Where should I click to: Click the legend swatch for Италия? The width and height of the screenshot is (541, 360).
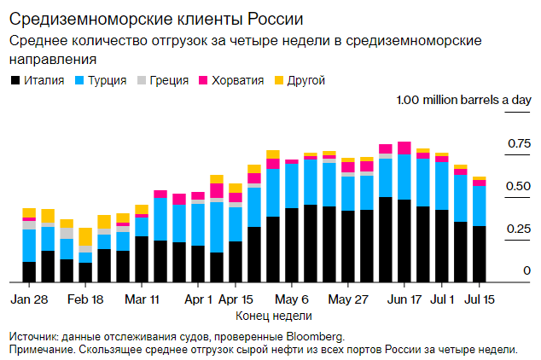[15, 80]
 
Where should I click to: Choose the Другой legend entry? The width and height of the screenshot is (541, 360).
[302, 80]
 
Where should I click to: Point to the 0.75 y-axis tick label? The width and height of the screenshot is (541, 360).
[520, 143]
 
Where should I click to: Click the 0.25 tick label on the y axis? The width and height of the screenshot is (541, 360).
[520, 229]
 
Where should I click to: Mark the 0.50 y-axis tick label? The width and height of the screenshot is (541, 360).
[520, 186]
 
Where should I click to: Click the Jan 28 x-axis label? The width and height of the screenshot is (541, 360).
[29, 300]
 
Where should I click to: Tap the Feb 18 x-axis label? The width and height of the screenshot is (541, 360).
[85, 300]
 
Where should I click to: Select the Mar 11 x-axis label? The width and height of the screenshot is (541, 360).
[143, 300]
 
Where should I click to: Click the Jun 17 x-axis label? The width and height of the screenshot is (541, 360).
[404, 300]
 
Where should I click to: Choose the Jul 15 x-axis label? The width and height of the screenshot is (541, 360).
[479, 300]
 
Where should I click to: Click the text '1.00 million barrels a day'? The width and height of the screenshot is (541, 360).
[463, 101]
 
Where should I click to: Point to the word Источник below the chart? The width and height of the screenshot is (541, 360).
[35, 335]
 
